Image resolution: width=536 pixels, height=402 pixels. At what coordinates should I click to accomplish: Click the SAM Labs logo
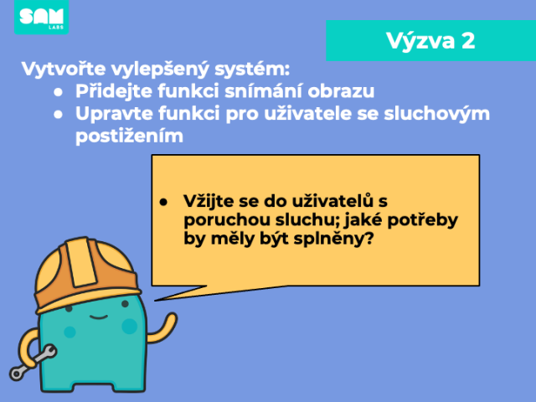click(x=41, y=17)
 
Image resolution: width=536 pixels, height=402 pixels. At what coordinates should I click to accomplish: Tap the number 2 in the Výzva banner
click(x=468, y=41)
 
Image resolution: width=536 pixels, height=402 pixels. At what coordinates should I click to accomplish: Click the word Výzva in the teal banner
click(x=420, y=41)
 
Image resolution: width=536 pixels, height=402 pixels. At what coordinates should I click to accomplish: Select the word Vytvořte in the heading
click(x=64, y=69)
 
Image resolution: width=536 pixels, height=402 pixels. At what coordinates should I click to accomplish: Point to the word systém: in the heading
click(x=252, y=70)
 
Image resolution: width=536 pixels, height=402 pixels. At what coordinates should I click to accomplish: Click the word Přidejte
click(x=114, y=91)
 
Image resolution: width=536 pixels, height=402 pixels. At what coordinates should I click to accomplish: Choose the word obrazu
click(x=341, y=91)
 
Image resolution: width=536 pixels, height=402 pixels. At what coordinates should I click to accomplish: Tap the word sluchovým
click(x=437, y=114)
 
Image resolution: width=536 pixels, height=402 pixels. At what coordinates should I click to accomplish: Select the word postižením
click(x=129, y=136)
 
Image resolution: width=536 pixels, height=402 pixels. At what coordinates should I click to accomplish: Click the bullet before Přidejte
click(x=58, y=92)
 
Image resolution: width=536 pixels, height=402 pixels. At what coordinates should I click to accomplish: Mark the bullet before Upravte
click(x=58, y=115)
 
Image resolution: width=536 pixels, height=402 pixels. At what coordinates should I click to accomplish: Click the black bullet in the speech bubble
click(x=163, y=202)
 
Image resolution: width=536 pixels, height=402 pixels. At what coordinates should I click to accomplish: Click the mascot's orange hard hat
click(x=87, y=274)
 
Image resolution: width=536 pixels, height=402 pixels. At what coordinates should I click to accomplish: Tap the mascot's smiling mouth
click(x=99, y=317)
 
